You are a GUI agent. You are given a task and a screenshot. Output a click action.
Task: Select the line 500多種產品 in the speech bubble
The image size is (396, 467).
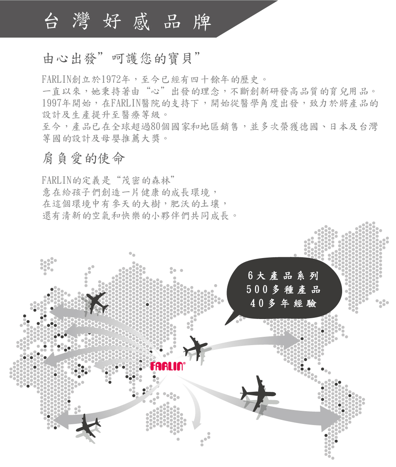click(x=283, y=290)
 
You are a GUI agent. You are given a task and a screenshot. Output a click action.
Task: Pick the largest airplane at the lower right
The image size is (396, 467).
click(x=257, y=393)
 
